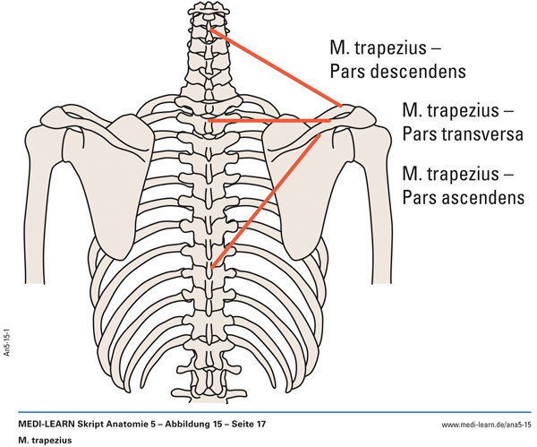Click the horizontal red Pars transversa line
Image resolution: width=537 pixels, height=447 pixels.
pyautogui.click(x=268, y=119)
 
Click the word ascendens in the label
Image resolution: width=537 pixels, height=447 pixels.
pyautogui.click(x=480, y=195)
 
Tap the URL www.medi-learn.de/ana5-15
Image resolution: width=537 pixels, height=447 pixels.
pyautogui.click(x=486, y=423)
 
